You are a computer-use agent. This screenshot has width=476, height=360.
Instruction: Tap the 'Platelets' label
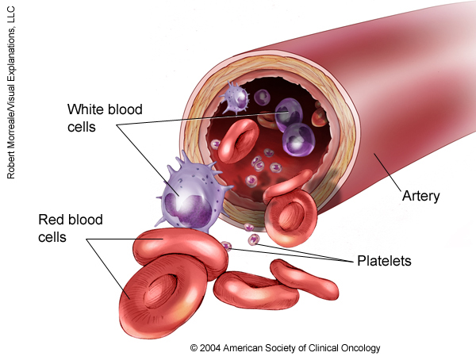(383, 260)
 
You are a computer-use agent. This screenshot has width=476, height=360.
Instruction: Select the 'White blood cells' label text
(105, 117)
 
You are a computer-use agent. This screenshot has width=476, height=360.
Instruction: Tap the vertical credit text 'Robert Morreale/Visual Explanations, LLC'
(12, 91)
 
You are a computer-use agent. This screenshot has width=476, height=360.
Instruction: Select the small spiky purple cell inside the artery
(236, 98)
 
